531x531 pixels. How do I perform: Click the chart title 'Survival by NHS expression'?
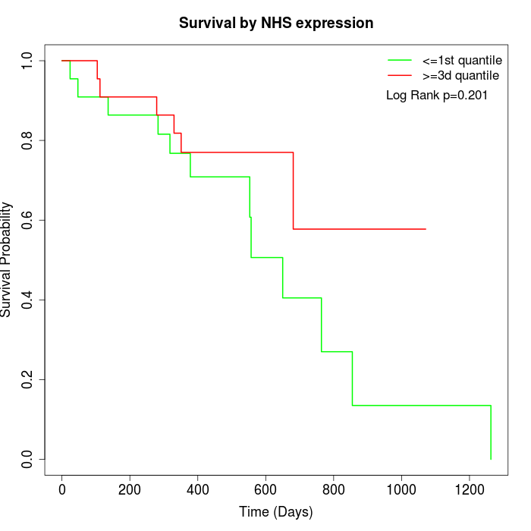click(x=276, y=23)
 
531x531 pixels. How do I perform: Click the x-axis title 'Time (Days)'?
click(x=276, y=512)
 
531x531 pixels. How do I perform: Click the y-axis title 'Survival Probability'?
click(x=7, y=259)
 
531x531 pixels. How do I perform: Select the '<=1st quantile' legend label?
click(x=461, y=60)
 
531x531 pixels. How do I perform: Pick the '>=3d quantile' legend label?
click(x=460, y=75)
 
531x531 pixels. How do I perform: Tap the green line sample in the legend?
click(x=400, y=60)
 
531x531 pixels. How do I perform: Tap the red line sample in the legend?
click(x=400, y=75)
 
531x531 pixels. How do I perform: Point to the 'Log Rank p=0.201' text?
click(x=437, y=96)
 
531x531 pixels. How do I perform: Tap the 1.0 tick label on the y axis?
click(x=27, y=61)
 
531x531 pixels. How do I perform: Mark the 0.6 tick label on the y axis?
click(x=27, y=220)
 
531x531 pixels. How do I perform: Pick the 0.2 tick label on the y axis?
click(x=27, y=379)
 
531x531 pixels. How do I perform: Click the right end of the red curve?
click(x=426, y=228)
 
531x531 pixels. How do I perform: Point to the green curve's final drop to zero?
click(x=491, y=432)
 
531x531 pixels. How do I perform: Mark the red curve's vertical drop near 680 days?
click(x=293, y=190)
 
